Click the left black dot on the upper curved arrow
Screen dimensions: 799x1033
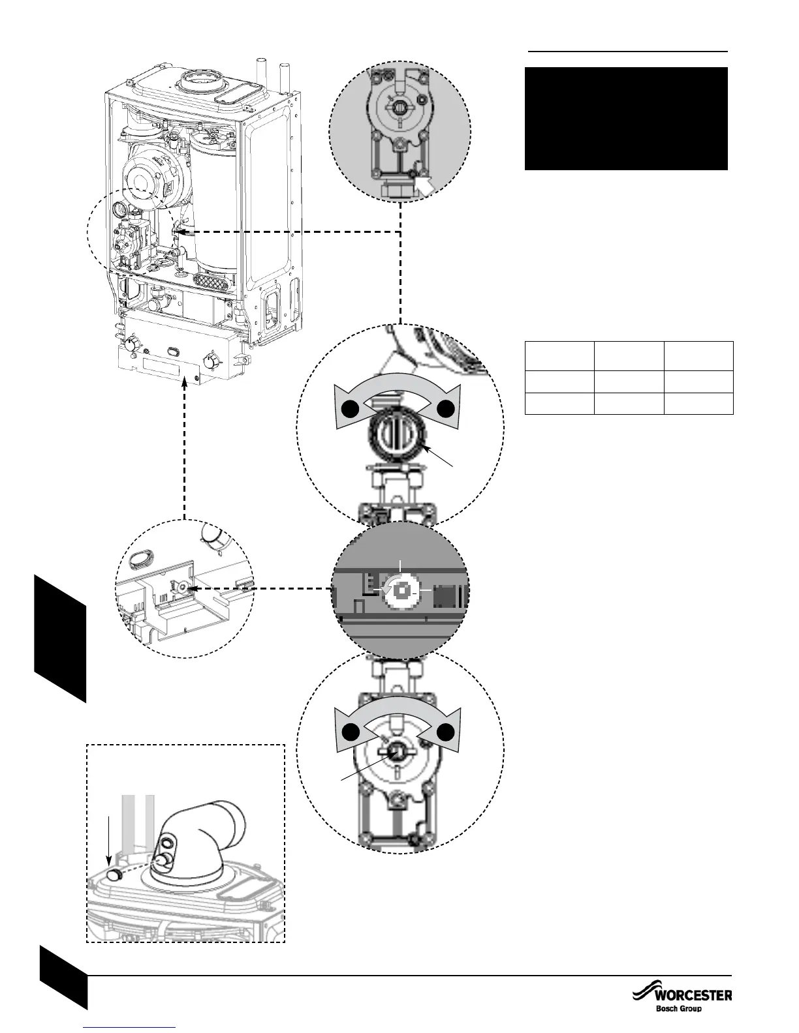(350, 409)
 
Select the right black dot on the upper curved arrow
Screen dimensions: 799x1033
(446, 409)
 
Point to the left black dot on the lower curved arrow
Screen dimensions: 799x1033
(350, 732)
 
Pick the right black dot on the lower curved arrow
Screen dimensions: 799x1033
(446, 732)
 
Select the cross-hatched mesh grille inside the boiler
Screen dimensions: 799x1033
(213, 281)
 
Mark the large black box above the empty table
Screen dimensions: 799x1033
(626, 118)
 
